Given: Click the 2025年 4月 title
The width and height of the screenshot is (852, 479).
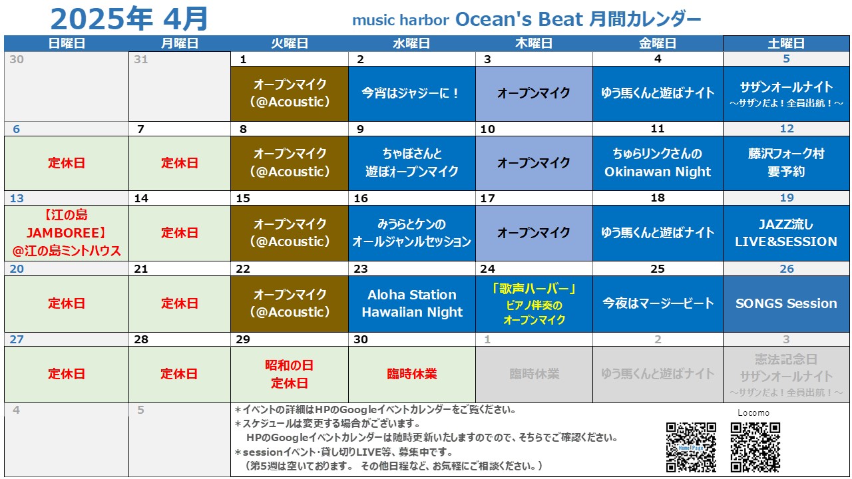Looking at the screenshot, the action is click(129, 19).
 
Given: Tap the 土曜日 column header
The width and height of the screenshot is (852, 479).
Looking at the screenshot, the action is click(786, 43).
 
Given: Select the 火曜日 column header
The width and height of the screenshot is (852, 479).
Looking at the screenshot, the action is click(290, 43).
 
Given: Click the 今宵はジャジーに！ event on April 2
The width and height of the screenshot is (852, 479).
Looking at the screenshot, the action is click(411, 94).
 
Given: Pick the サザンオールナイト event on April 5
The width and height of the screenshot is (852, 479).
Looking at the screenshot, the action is click(786, 94).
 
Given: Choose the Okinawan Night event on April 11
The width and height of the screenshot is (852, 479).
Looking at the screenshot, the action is click(658, 163).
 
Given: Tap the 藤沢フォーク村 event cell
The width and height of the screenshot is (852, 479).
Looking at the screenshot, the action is click(786, 163).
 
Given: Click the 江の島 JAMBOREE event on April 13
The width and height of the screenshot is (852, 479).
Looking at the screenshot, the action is click(67, 233).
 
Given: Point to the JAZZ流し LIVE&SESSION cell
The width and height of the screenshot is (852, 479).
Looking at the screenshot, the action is click(786, 233).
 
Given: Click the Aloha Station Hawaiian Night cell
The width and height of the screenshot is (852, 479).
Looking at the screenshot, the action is click(411, 304).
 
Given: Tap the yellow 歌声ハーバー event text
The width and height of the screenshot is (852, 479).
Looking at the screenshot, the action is click(534, 304).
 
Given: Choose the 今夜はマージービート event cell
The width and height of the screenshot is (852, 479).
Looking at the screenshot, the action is click(658, 304).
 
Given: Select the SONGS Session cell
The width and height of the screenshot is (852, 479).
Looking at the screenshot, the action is click(786, 304).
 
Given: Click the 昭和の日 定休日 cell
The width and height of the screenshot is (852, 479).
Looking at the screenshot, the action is click(290, 374).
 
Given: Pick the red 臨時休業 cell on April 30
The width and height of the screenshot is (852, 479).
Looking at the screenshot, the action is click(411, 374).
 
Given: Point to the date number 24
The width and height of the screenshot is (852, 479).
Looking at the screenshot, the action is click(488, 269).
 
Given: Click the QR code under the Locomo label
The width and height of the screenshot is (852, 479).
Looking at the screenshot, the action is click(755, 447).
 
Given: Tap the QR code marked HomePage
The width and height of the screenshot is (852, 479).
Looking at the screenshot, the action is click(691, 447).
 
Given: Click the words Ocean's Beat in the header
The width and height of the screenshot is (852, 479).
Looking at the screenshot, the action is click(519, 19).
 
